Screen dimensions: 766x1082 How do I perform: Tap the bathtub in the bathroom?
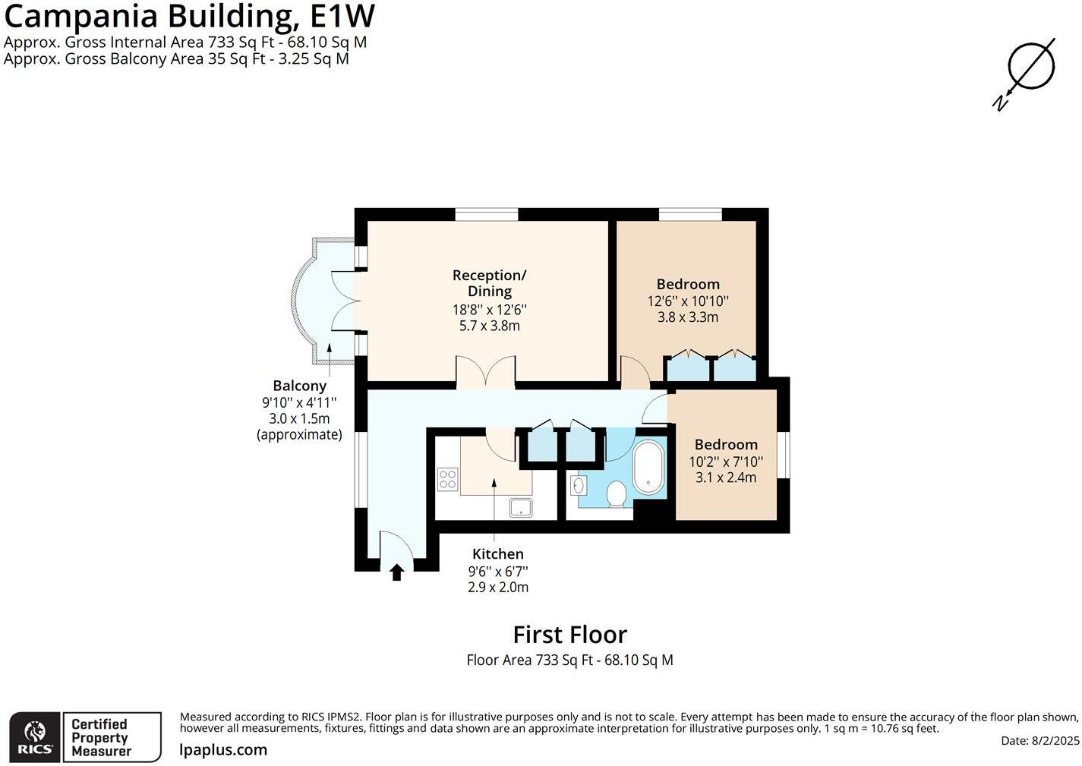(x=648, y=468)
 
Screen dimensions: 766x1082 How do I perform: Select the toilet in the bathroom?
(x=616, y=494)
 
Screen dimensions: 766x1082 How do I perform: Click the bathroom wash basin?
(x=579, y=484)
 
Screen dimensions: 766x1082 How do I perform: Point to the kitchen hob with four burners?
(x=447, y=479)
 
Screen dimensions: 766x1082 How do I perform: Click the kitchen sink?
(x=521, y=506)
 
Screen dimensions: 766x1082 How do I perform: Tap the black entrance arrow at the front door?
(x=396, y=572)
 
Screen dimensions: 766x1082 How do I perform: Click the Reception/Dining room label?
(x=489, y=283)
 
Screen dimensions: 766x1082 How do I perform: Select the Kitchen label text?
(x=497, y=554)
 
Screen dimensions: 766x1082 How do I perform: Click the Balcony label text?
(x=299, y=386)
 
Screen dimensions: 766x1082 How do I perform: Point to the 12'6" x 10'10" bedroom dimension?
(x=687, y=301)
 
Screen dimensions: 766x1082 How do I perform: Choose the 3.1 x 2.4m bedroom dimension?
(x=725, y=478)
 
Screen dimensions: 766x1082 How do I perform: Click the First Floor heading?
(x=569, y=635)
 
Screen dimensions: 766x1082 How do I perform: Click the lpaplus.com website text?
(x=223, y=750)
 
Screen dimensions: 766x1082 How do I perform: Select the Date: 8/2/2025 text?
(x=1039, y=741)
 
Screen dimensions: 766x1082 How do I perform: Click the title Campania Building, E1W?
(x=189, y=17)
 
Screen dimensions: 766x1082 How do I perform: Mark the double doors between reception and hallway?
(x=485, y=373)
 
